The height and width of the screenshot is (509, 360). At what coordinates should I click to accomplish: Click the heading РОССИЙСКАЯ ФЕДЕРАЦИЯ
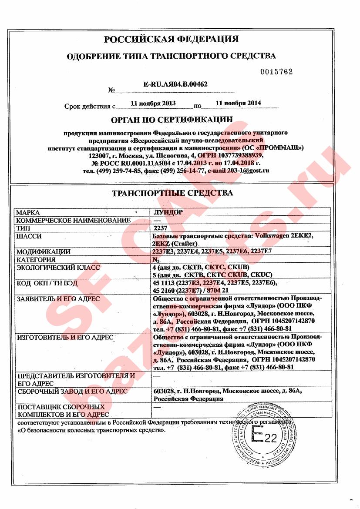pos(172,39)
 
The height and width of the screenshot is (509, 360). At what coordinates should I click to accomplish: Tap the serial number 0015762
pos(276,72)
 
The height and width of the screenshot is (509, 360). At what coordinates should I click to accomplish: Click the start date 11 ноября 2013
pos(153,104)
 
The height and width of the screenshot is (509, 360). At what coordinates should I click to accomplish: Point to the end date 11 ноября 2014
pos(238,103)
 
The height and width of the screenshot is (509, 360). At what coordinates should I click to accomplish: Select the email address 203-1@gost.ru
pos(246,171)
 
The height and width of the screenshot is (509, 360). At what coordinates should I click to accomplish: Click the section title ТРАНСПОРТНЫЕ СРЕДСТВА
pos(172,193)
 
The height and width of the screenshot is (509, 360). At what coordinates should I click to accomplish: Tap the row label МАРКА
pos(28,213)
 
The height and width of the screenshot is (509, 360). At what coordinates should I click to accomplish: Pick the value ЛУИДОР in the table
pos(168,213)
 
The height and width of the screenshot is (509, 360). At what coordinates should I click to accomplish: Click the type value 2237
pos(161,228)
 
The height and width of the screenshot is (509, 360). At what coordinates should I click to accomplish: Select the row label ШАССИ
pos(29,236)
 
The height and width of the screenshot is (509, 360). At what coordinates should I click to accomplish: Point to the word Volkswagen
pos(272,236)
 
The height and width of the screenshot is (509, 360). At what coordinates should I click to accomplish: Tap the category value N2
pos(158,260)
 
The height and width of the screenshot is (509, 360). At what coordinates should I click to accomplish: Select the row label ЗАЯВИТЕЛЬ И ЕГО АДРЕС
pos(58,299)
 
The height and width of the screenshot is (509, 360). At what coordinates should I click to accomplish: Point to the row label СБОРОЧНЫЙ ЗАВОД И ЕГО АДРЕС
pos(72,391)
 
